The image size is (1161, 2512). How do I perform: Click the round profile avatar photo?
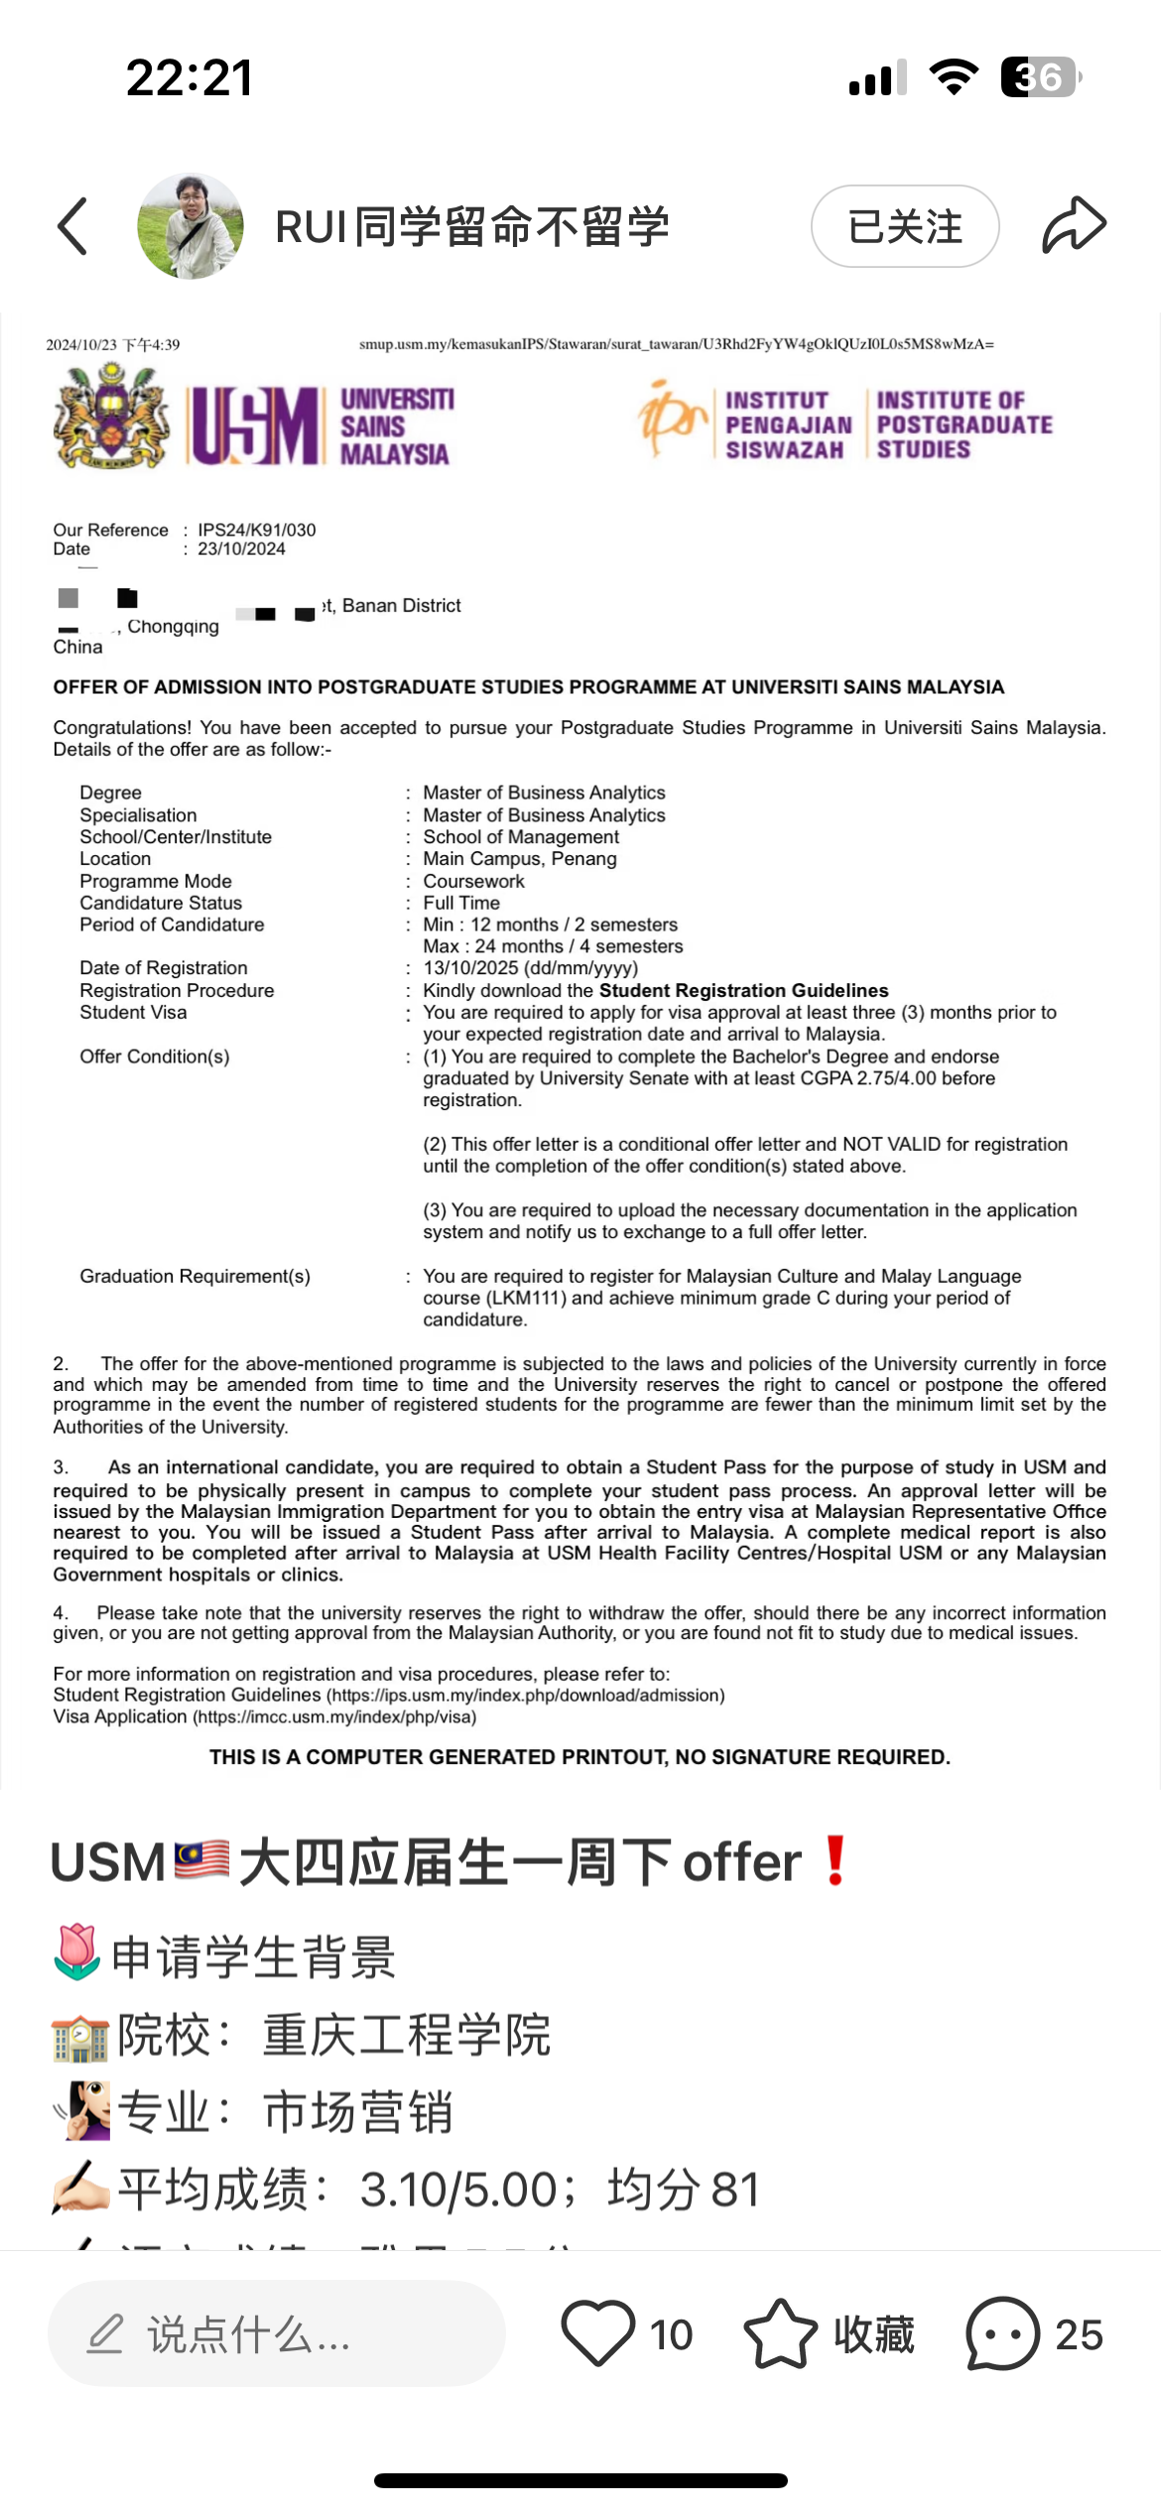(x=191, y=226)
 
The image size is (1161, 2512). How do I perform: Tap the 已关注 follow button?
(x=904, y=226)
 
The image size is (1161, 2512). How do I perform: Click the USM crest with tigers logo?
(x=111, y=416)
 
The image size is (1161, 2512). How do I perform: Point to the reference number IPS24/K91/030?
(x=257, y=530)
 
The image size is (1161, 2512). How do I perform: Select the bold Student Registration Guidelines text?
(x=743, y=990)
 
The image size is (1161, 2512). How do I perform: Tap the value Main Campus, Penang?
(x=520, y=858)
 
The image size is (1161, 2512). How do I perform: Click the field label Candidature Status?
(x=161, y=903)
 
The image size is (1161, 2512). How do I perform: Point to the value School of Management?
(x=521, y=836)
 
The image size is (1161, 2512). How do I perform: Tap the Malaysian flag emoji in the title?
(x=201, y=1861)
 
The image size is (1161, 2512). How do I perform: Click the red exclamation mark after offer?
(x=836, y=1861)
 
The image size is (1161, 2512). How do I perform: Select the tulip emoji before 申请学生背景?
(x=76, y=1952)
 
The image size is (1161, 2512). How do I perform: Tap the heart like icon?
(x=597, y=2333)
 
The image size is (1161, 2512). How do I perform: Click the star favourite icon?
(x=781, y=2333)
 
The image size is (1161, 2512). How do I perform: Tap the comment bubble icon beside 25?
(x=1002, y=2333)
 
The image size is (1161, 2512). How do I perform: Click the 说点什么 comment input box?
(x=276, y=2333)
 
